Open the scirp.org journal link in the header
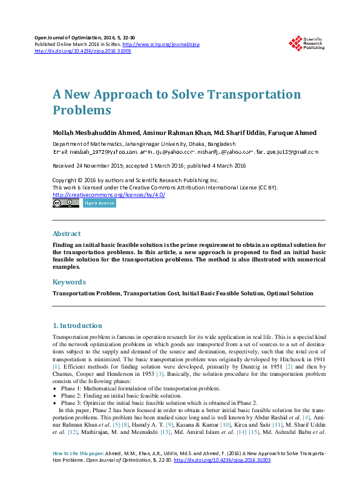pos(161,45)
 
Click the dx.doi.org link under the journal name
pos(83,51)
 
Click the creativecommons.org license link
pos(108,195)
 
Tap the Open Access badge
pos(99,203)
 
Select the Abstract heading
pos(67,234)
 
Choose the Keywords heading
pos(69,282)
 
